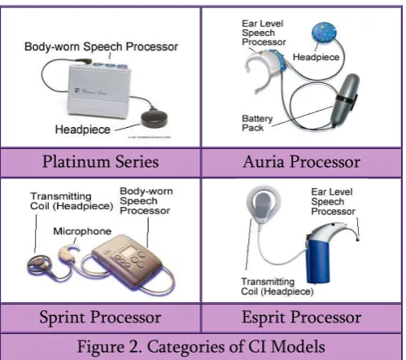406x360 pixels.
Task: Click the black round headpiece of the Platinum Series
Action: pyautogui.click(x=154, y=119)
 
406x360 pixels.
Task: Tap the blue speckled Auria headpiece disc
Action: pyautogui.click(x=324, y=33)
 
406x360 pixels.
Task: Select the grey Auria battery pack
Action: pyautogui.click(x=344, y=99)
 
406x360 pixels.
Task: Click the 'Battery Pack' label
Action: pyautogui.click(x=257, y=123)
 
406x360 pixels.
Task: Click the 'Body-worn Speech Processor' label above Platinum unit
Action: pyautogui.click(x=101, y=46)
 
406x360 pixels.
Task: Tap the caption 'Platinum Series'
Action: pyautogui.click(x=100, y=162)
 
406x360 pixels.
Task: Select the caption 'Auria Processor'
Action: pyautogui.click(x=302, y=162)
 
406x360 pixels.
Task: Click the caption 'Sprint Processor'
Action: pyautogui.click(x=100, y=317)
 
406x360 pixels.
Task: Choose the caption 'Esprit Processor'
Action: pyautogui.click(x=302, y=317)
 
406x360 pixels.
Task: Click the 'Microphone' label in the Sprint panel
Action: pyautogui.click(x=82, y=231)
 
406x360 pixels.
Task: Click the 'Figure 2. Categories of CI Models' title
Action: pyautogui.click(x=201, y=347)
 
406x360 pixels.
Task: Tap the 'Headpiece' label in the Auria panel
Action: pyautogui.click(x=316, y=57)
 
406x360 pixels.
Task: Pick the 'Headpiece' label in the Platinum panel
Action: pyautogui.click(x=83, y=130)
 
